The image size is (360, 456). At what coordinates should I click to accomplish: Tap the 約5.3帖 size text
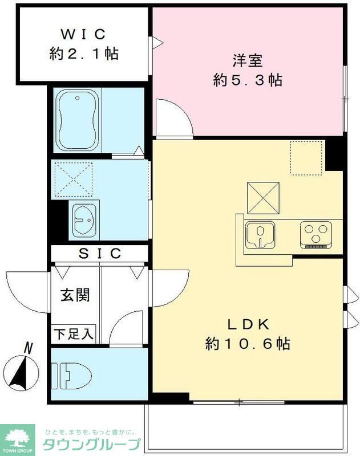pyautogui.click(x=248, y=80)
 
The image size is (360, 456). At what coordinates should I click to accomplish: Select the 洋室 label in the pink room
pyautogui.click(x=248, y=59)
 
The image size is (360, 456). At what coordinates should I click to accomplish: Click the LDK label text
pyautogui.click(x=248, y=325)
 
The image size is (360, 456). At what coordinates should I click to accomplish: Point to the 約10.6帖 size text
pyautogui.click(x=248, y=344)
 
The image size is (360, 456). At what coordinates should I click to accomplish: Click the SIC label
pyautogui.click(x=99, y=253)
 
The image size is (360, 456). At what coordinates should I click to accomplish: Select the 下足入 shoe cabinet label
pyautogui.click(x=74, y=334)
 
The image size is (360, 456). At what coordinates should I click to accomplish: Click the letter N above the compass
pyautogui.click(x=27, y=347)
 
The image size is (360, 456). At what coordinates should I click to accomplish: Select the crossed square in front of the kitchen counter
pyautogui.click(x=264, y=197)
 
